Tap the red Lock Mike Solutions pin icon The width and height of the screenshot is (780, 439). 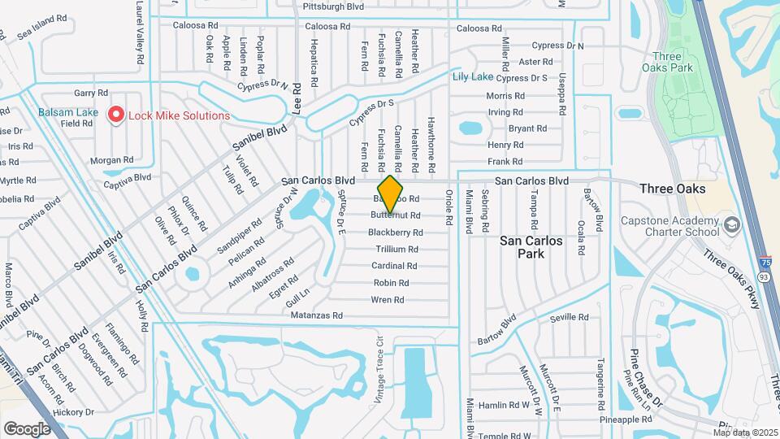(115, 115)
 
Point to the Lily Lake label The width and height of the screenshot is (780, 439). (472, 76)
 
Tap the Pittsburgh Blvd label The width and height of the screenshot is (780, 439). (332, 7)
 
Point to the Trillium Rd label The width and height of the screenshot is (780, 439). (396, 250)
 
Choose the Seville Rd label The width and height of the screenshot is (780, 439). (568, 317)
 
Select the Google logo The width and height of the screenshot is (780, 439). (27, 428)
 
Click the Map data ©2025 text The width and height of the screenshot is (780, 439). (744, 432)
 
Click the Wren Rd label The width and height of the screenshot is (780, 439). (388, 300)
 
